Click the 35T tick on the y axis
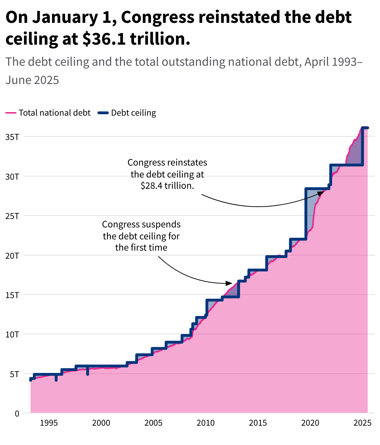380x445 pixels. point(12,137)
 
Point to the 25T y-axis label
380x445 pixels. point(12,216)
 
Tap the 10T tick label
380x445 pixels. point(12,334)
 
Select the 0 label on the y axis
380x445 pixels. point(17,414)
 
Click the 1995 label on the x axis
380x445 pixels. point(49,423)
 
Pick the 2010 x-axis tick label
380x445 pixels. point(205,423)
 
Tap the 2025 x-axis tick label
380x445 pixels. point(362,423)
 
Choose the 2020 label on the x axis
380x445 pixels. point(310,423)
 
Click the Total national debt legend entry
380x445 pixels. point(55,113)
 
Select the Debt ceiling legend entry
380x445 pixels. point(133,113)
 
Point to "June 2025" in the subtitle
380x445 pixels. point(32,80)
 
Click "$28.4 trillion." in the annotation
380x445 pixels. point(167,186)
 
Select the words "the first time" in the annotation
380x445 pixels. point(141,247)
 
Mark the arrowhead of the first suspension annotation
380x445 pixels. point(229,283)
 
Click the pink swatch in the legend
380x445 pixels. point(11,113)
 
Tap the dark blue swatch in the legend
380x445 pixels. point(103,113)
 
